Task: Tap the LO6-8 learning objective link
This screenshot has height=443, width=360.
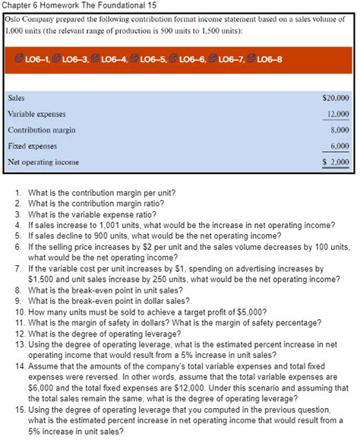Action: pos(274,60)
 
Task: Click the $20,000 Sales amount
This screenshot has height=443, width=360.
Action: pos(335,98)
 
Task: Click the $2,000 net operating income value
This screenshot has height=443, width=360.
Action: pos(336,162)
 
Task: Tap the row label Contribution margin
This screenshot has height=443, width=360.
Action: pos(37,130)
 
